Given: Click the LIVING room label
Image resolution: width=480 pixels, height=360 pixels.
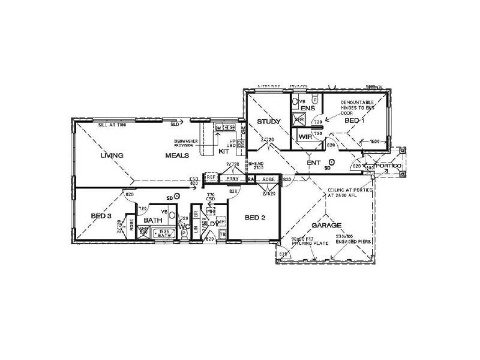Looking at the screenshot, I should [x=112, y=155].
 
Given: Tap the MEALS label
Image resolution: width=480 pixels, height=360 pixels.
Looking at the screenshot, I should [x=178, y=155].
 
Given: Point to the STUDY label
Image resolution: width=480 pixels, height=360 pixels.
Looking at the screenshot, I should [x=269, y=122].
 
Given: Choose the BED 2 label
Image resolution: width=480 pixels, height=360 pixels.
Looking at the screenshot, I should [x=255, y=217].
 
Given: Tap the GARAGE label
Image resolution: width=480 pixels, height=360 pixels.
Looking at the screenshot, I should [x=326, y=226].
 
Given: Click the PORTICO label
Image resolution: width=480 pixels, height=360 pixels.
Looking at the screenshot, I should [x=388, y=165].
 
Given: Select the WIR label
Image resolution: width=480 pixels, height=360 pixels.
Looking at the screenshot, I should [x=305, y=137].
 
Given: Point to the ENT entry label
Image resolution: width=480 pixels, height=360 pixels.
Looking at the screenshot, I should [x=313, y=163].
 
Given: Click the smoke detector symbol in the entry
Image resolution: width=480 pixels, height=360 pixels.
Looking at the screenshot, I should [x=332, y=161].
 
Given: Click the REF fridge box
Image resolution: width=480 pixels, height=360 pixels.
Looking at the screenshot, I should [x=211, y=178].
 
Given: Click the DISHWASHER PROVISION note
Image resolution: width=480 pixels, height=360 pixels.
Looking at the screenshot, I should [x=182, y=143].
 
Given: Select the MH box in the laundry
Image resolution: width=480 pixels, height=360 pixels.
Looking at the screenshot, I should [x=211, y=212].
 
